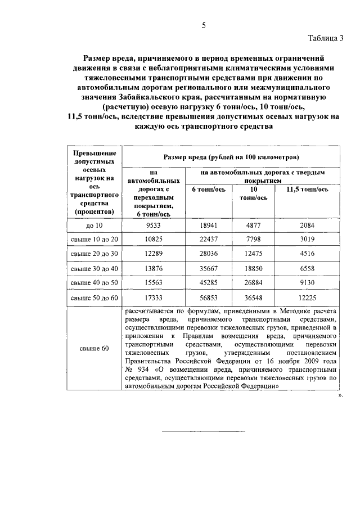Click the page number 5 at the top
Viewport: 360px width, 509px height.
pyautogui.click(x=204, y=24)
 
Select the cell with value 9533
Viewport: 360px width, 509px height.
pyautogui.click(x=154, y=226)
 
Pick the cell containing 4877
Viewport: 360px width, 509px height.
pyautogui.click(x=254, y=226)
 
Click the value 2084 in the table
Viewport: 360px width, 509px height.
pyautogui.click(x=307, y=226)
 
